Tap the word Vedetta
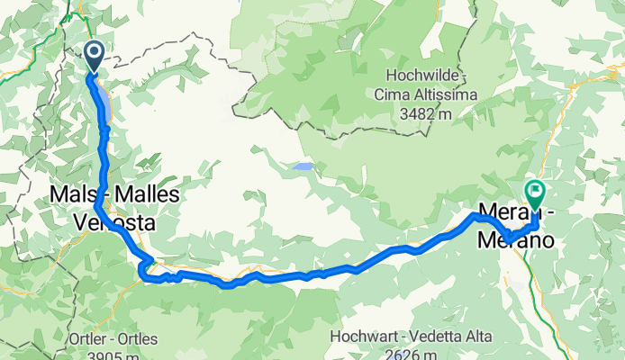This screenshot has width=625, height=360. (435, 337)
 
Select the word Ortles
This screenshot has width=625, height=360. (135, 339)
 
